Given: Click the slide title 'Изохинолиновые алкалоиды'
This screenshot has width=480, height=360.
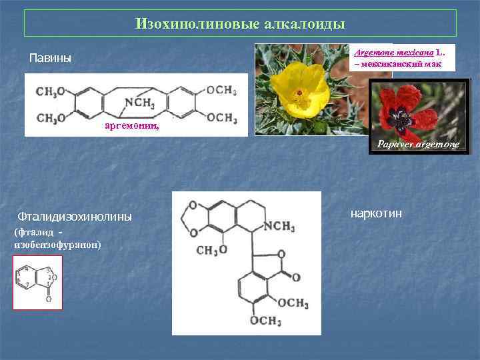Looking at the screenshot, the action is (x=240, y=24).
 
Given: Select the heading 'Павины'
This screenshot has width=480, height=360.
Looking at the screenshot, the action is (x=50, y=59).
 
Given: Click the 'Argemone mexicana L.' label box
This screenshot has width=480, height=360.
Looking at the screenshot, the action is (x=402, y=57).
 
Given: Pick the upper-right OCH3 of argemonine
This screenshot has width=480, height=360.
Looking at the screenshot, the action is (x=221, y=91).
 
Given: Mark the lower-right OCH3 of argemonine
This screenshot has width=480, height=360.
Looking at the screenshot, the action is (x=221, y=118).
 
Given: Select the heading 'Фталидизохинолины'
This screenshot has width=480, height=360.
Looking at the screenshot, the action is (x=75, y=217).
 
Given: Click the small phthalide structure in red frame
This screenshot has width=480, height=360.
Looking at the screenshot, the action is (x=37, y=283).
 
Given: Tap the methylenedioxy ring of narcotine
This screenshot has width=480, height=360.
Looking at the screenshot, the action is (x=193, y=219).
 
